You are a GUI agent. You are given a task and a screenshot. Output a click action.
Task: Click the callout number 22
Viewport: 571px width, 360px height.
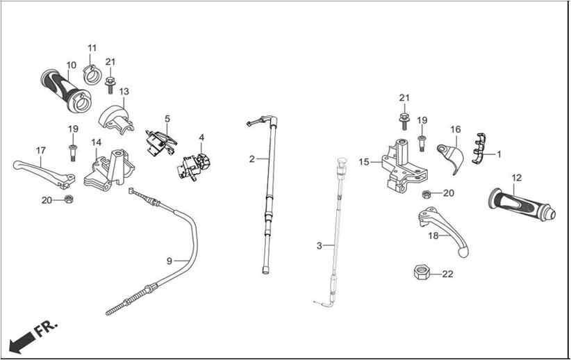[x=447, y=274]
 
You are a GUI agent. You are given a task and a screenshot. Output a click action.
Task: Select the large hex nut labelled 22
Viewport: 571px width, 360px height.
[x=422, y=272]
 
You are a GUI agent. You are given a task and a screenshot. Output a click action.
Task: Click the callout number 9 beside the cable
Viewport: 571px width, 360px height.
[x=169, y=261]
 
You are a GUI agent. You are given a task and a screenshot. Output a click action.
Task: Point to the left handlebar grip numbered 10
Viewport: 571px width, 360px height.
[x=65, y=90]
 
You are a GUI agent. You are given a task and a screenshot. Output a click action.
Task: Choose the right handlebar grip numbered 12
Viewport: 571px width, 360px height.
[x=522, y=205]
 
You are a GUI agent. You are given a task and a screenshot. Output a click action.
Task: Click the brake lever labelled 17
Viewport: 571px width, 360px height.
[x=44, y=174]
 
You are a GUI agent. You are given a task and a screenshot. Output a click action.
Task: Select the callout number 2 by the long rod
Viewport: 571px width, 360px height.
[x=252, y=159]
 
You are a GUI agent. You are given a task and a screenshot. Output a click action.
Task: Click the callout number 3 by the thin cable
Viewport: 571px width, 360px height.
[x=319, y=246]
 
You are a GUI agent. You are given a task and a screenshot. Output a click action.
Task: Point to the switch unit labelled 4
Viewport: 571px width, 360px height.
[x=194, y=167]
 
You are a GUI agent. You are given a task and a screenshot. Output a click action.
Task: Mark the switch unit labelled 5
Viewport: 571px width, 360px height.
[x=160, y=142]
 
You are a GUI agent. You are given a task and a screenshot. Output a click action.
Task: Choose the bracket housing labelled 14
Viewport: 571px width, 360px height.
[x=109, y=170]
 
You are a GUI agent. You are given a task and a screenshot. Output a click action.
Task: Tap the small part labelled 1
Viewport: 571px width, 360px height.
[x=479, y=149]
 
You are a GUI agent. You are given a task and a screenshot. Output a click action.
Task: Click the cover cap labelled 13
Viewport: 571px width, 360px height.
[x=116, y=118]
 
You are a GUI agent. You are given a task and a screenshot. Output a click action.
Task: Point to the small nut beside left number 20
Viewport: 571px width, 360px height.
[x=69, y=199]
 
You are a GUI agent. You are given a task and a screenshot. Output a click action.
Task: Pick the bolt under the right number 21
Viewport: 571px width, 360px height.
[x=404, y=121]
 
